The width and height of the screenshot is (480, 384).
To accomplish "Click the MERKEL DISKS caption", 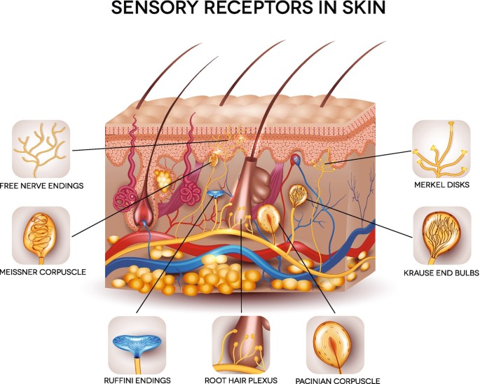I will click(x=440, y=186).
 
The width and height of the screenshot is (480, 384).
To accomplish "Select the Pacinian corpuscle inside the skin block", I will click(x=269, y=219).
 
